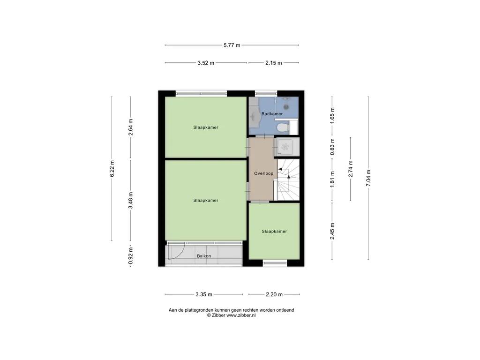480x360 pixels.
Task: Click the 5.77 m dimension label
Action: [x=232, y=45]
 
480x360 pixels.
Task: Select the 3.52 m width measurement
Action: [x=206, y=63]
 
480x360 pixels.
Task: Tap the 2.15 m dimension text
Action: [x=274, y=63]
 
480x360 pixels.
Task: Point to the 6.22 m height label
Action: [x=112, y=168]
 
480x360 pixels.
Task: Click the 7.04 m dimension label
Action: [x=368, y=178]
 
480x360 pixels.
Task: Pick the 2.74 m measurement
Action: [x=351, y=169]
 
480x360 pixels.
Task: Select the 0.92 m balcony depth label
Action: [x=131, y=256]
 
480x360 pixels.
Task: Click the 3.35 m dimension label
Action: [x=204, y=294]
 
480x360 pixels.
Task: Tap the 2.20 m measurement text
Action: [x=274, y=294]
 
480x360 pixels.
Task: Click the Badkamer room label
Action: [x=272, y=114]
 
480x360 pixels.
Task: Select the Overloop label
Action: [x=263, y=173]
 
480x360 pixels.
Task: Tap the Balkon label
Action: [x=204, y=256]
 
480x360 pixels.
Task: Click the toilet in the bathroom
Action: [x=283, y=127]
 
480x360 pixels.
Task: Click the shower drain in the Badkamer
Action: [x=286, y=107]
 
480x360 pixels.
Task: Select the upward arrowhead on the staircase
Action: [x=288, y=177]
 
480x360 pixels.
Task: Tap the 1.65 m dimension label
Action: [x=332, y=115]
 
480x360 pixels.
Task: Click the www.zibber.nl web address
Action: [x=241, y=315]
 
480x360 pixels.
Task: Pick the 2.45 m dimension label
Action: [x=332, y=231]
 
